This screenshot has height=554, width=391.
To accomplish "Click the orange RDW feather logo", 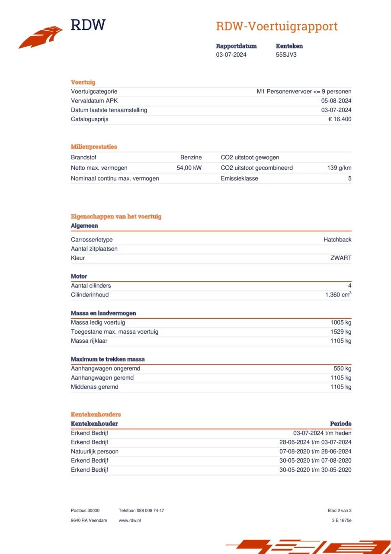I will coord(41,37).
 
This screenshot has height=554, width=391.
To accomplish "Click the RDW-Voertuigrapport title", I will coord(276,26).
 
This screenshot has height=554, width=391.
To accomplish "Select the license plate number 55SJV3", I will coord(286,55).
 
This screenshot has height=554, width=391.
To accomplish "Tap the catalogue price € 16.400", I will coord(340,119).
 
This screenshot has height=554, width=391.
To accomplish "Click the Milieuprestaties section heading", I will coord(94,147).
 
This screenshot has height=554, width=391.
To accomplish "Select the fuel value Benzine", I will coord(191,158).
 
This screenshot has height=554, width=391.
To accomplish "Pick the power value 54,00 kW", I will coord(189,168).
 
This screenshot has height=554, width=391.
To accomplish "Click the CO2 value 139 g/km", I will coord(339,168).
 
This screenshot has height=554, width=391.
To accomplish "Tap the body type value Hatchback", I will coord(337,240).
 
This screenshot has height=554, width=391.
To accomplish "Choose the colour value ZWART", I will coord(341,258).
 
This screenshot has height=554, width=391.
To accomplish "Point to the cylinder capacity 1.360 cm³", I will coord(338,295).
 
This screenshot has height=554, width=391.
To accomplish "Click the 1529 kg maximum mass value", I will coord(341,332).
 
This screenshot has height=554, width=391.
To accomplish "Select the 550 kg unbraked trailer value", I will coord(343,369).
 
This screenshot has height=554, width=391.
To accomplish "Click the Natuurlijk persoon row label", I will coord(95,451).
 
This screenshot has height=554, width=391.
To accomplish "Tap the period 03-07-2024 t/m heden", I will coord(322,433).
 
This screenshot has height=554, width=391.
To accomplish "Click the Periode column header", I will coord(340,424).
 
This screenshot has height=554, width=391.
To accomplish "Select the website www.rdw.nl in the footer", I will coord(130,520).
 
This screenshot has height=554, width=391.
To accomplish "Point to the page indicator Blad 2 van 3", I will coord(340,511).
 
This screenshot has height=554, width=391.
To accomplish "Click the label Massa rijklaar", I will coord(89,341).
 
